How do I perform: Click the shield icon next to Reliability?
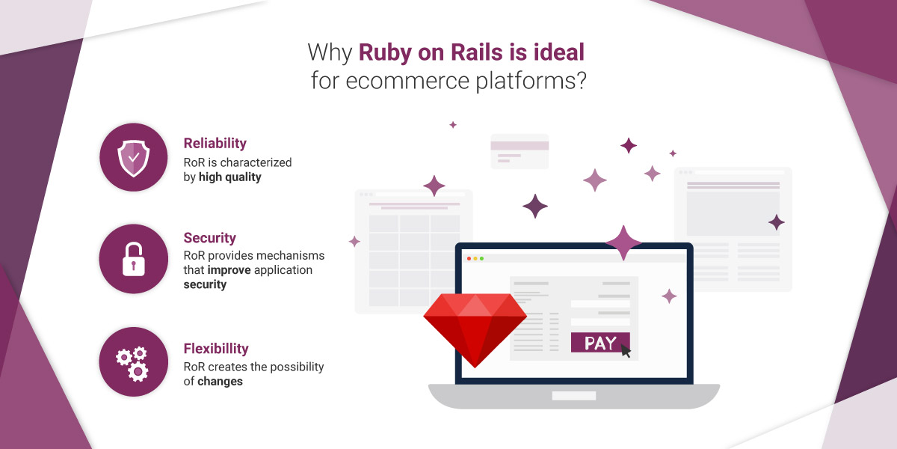(x=134, y=158)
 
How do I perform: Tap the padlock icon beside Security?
(x=134, y=259)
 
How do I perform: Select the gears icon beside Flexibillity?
(x=133, y=362)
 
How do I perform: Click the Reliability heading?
(x=215, y=143)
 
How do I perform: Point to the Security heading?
(x=209, y=238)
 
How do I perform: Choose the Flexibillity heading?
(x=216, y=348)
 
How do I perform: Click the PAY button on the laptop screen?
(x=600, y=343)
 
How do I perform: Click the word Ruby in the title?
(x=385, y=52)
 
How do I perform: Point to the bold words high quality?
(x=230, y=177)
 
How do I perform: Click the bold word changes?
(x=220, y=381)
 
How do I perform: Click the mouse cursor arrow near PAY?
(x=626, y=351)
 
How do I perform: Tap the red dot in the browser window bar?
(x=469, y=258)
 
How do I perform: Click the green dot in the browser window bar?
(x=481, y=258)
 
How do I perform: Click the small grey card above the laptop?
(x=520, y=151)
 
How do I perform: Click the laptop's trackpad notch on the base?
(x=573, y=395)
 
